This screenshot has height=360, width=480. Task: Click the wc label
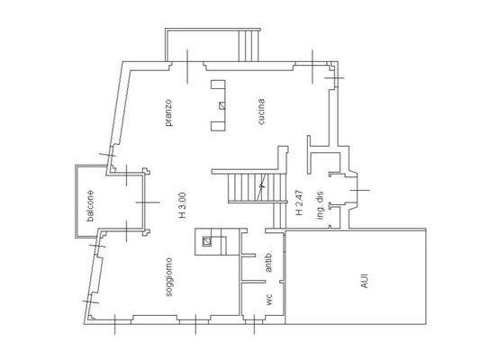pos(267,300)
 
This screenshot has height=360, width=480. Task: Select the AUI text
pos(364,281)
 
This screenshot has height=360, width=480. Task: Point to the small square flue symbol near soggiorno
pos(206,241)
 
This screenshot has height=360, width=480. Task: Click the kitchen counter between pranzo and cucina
pos(217,104)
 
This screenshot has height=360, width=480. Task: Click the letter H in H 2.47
pos(298,216)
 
